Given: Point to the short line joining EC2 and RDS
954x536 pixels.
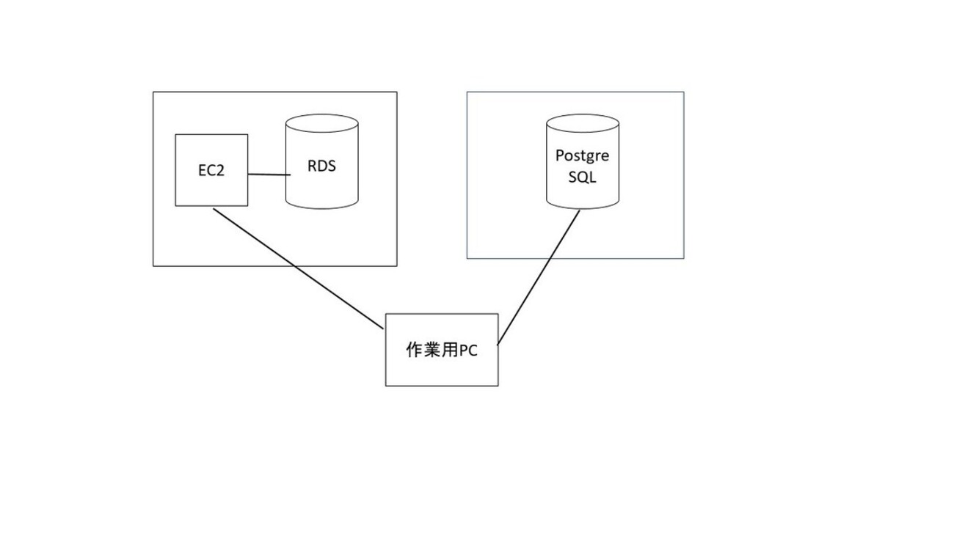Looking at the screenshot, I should point(266,175).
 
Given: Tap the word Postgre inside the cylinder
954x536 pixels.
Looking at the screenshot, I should point(582,156).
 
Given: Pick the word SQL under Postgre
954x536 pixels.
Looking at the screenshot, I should point(582,177).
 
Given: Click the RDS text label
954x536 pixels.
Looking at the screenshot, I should point(321,166).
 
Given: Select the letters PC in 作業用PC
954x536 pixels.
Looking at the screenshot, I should point(468,350).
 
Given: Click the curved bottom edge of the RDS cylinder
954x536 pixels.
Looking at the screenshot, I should point(321,208).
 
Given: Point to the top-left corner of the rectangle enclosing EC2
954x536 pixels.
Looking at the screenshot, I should point(153,92).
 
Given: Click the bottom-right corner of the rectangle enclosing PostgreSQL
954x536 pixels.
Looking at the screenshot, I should point(683,258).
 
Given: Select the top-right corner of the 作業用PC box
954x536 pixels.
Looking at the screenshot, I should point(498,315).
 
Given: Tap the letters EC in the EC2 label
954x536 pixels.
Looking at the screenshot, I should point(205,171).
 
